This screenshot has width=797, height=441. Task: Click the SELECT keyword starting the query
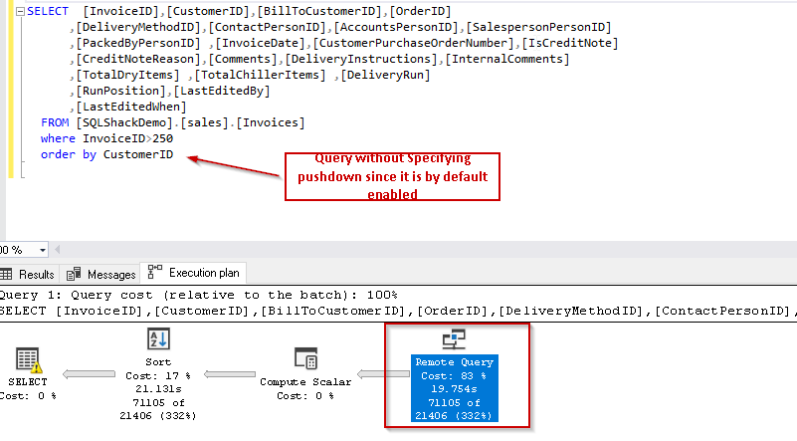(47, 11)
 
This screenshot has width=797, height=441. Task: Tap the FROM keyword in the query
(55, 122)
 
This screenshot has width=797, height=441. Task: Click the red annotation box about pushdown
(392, 176)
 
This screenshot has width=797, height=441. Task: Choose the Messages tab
(103, 274)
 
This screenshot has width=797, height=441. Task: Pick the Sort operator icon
(158, 338)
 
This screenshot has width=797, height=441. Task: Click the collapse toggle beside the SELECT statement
(19, 11)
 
